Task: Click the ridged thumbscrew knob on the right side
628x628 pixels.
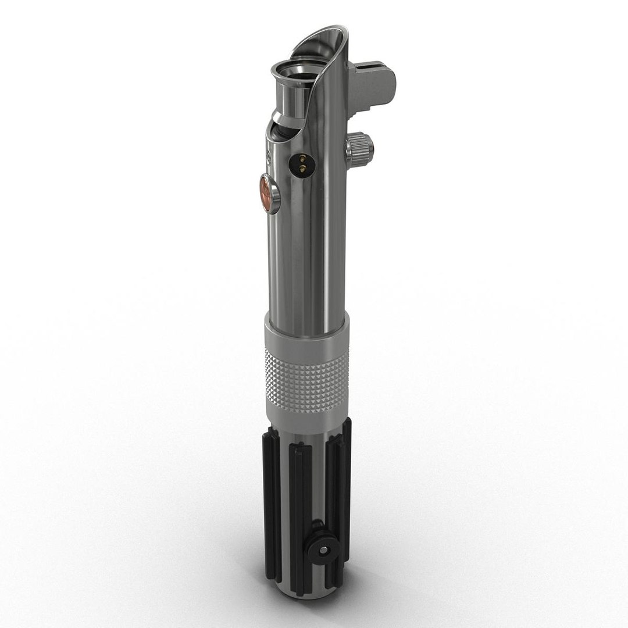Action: [x=360, y=148]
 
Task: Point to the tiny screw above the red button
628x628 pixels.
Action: [x=269, y=157]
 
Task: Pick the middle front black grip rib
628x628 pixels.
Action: [x=303, y=506]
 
